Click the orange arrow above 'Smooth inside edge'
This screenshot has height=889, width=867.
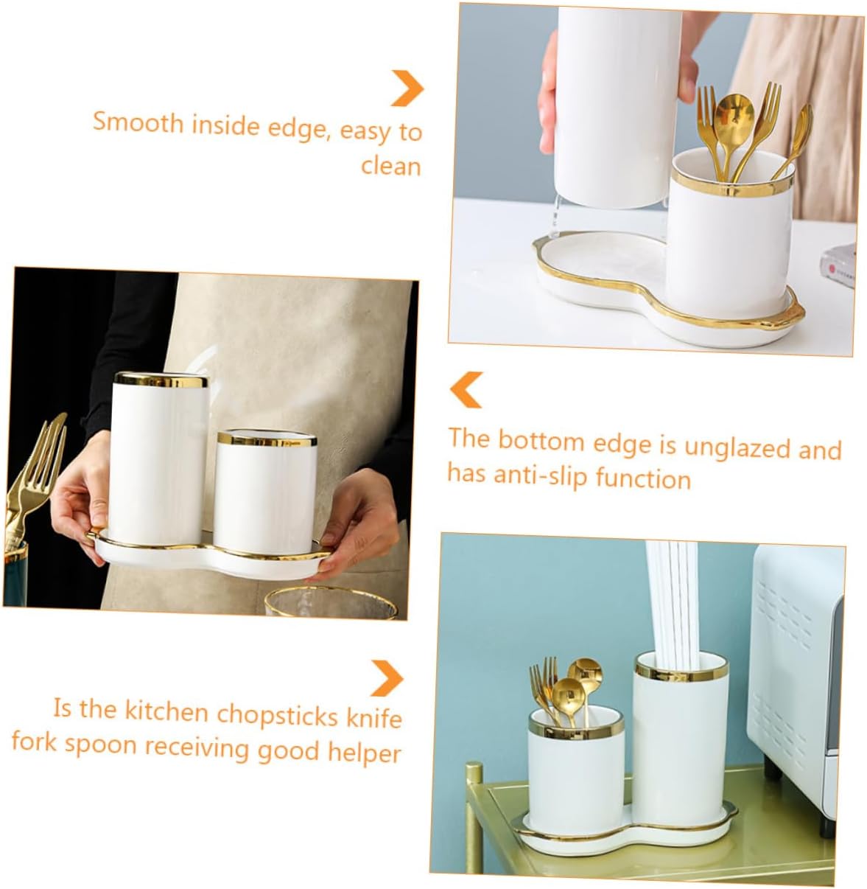407,88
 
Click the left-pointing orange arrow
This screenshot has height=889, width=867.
466,389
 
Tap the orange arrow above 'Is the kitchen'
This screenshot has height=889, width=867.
387,677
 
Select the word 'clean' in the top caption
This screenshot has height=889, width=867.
391,166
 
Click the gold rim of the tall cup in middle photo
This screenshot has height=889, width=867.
161,380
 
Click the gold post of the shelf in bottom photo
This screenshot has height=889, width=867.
475,818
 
